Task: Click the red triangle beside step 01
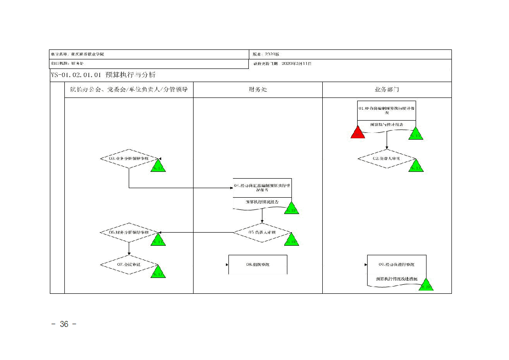point(358,132)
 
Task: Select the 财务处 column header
point(257,89)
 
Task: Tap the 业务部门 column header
point(387,89)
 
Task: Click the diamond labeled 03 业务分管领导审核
point(129,159)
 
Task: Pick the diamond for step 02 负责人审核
point(386,159)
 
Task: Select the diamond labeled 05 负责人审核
point(262,232)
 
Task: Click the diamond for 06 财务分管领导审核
point(129,232)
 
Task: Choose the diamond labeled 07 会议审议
point(129,264)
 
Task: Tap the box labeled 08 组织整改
point(257,264)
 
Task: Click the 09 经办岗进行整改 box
point(397,264)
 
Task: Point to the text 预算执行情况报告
point(262,202)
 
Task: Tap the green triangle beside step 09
point(426,285)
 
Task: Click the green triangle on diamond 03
point(158,166)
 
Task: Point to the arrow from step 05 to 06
point(195,233)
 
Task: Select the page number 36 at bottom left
point(64,324)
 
